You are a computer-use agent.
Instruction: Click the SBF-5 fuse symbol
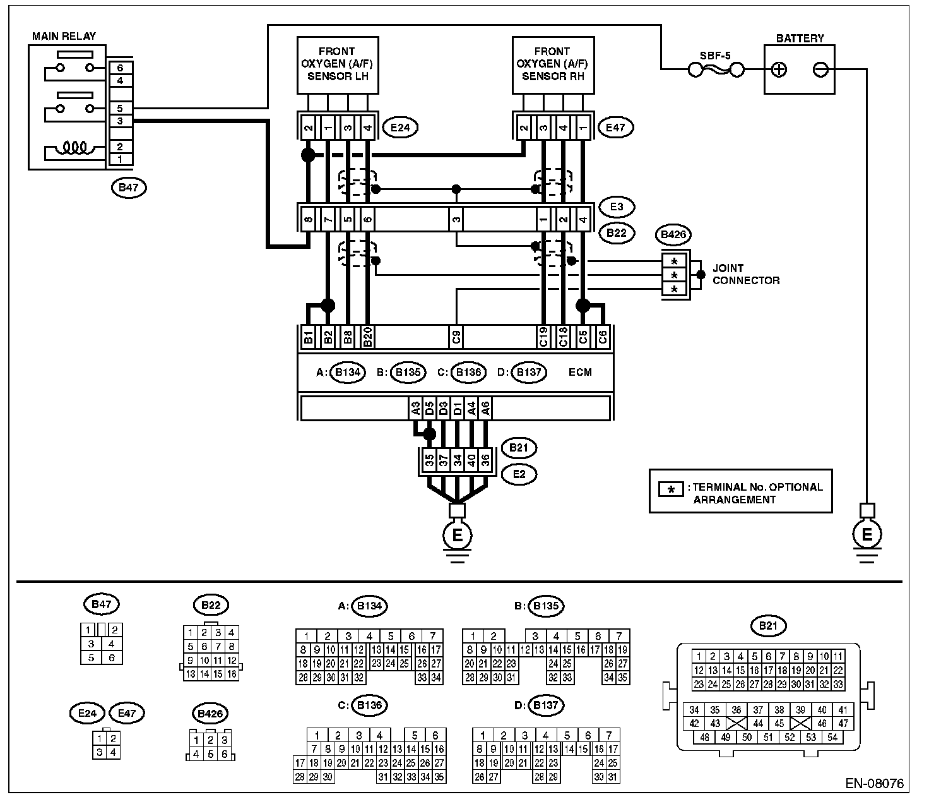716,70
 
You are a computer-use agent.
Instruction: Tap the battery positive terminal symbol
779,70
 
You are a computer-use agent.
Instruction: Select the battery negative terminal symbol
820,70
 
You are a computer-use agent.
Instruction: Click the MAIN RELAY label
64,36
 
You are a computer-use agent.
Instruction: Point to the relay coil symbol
75,148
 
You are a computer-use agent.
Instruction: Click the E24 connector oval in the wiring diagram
400,128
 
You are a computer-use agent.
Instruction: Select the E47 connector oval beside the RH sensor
615,128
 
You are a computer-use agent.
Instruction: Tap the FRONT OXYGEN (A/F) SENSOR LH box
338,65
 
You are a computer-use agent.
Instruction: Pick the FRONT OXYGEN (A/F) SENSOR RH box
553,65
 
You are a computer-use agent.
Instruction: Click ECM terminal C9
456,337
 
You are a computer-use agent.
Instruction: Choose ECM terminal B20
368,337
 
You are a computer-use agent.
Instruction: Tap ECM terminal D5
429,409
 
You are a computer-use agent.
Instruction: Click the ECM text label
580,373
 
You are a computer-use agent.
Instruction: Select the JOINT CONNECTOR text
746,274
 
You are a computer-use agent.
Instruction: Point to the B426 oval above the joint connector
673,234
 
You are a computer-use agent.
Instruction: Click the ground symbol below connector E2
457,536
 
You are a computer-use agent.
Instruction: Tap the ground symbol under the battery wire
867,535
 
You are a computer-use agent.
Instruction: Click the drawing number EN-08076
875,784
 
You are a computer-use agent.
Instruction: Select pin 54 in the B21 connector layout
832,737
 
